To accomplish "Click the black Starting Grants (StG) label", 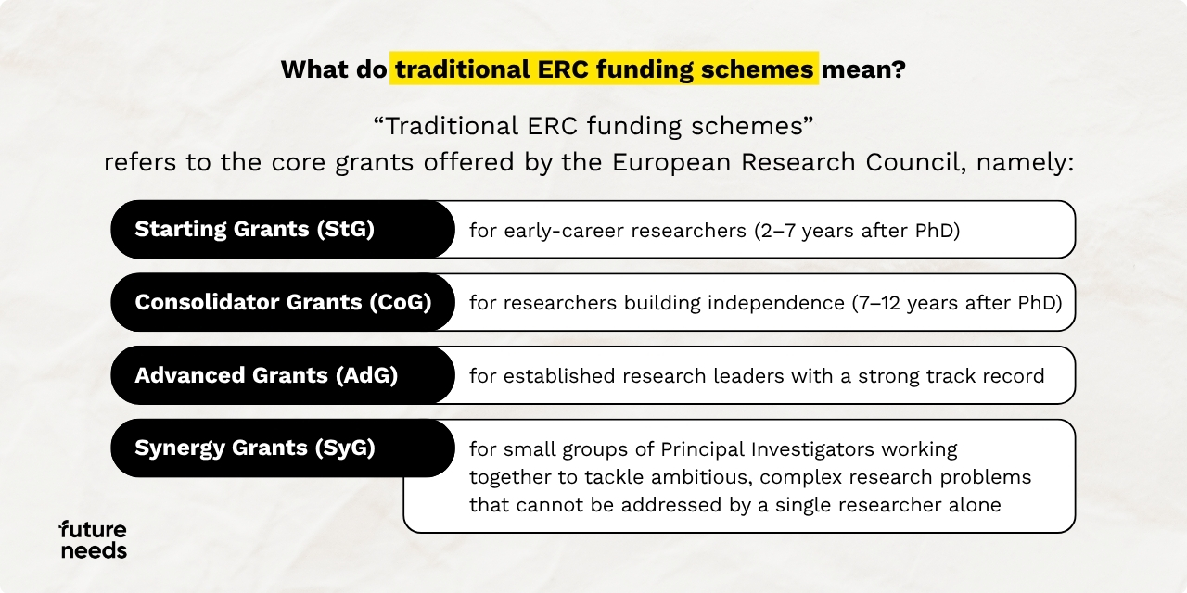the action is tap(283, 229).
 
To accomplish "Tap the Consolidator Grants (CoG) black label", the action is tap(283, 302).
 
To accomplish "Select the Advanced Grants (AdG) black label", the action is tap(283, 375).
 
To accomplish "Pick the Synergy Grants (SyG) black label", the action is tap(283, 448).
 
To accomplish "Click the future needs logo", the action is tap(93, 539).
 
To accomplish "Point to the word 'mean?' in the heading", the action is tap(863, 69).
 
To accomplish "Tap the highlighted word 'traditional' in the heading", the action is tap(463, 69).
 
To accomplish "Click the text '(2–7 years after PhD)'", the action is tap(857, 231).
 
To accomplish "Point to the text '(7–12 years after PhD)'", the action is tap(957, 303).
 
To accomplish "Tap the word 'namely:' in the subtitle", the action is tap(1025, 163).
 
